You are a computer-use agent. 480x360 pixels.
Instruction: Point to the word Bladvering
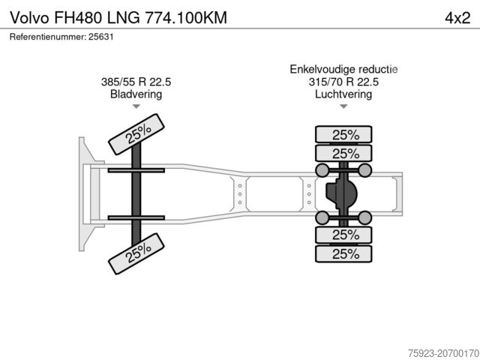(136, 94)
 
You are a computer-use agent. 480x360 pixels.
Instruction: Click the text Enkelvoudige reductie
(343, 70)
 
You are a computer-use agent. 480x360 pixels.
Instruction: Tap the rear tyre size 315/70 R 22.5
(343, 82)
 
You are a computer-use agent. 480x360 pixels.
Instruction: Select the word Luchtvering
(343, 94)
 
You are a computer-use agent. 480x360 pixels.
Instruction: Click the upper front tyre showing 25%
(137, 133)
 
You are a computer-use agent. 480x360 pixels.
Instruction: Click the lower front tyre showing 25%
(137, 253)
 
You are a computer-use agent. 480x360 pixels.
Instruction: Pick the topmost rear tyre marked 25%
(344, 135)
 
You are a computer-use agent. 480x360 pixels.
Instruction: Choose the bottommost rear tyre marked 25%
(344, 253)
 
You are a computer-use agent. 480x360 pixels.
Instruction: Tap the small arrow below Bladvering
(136, 107)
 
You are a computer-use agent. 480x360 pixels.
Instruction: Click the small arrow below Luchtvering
(343, 107)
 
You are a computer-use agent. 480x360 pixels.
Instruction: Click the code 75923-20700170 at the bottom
(439, 351)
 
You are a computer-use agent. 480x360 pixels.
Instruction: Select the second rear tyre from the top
(344, 153)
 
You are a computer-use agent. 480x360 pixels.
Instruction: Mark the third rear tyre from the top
(344, 235)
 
